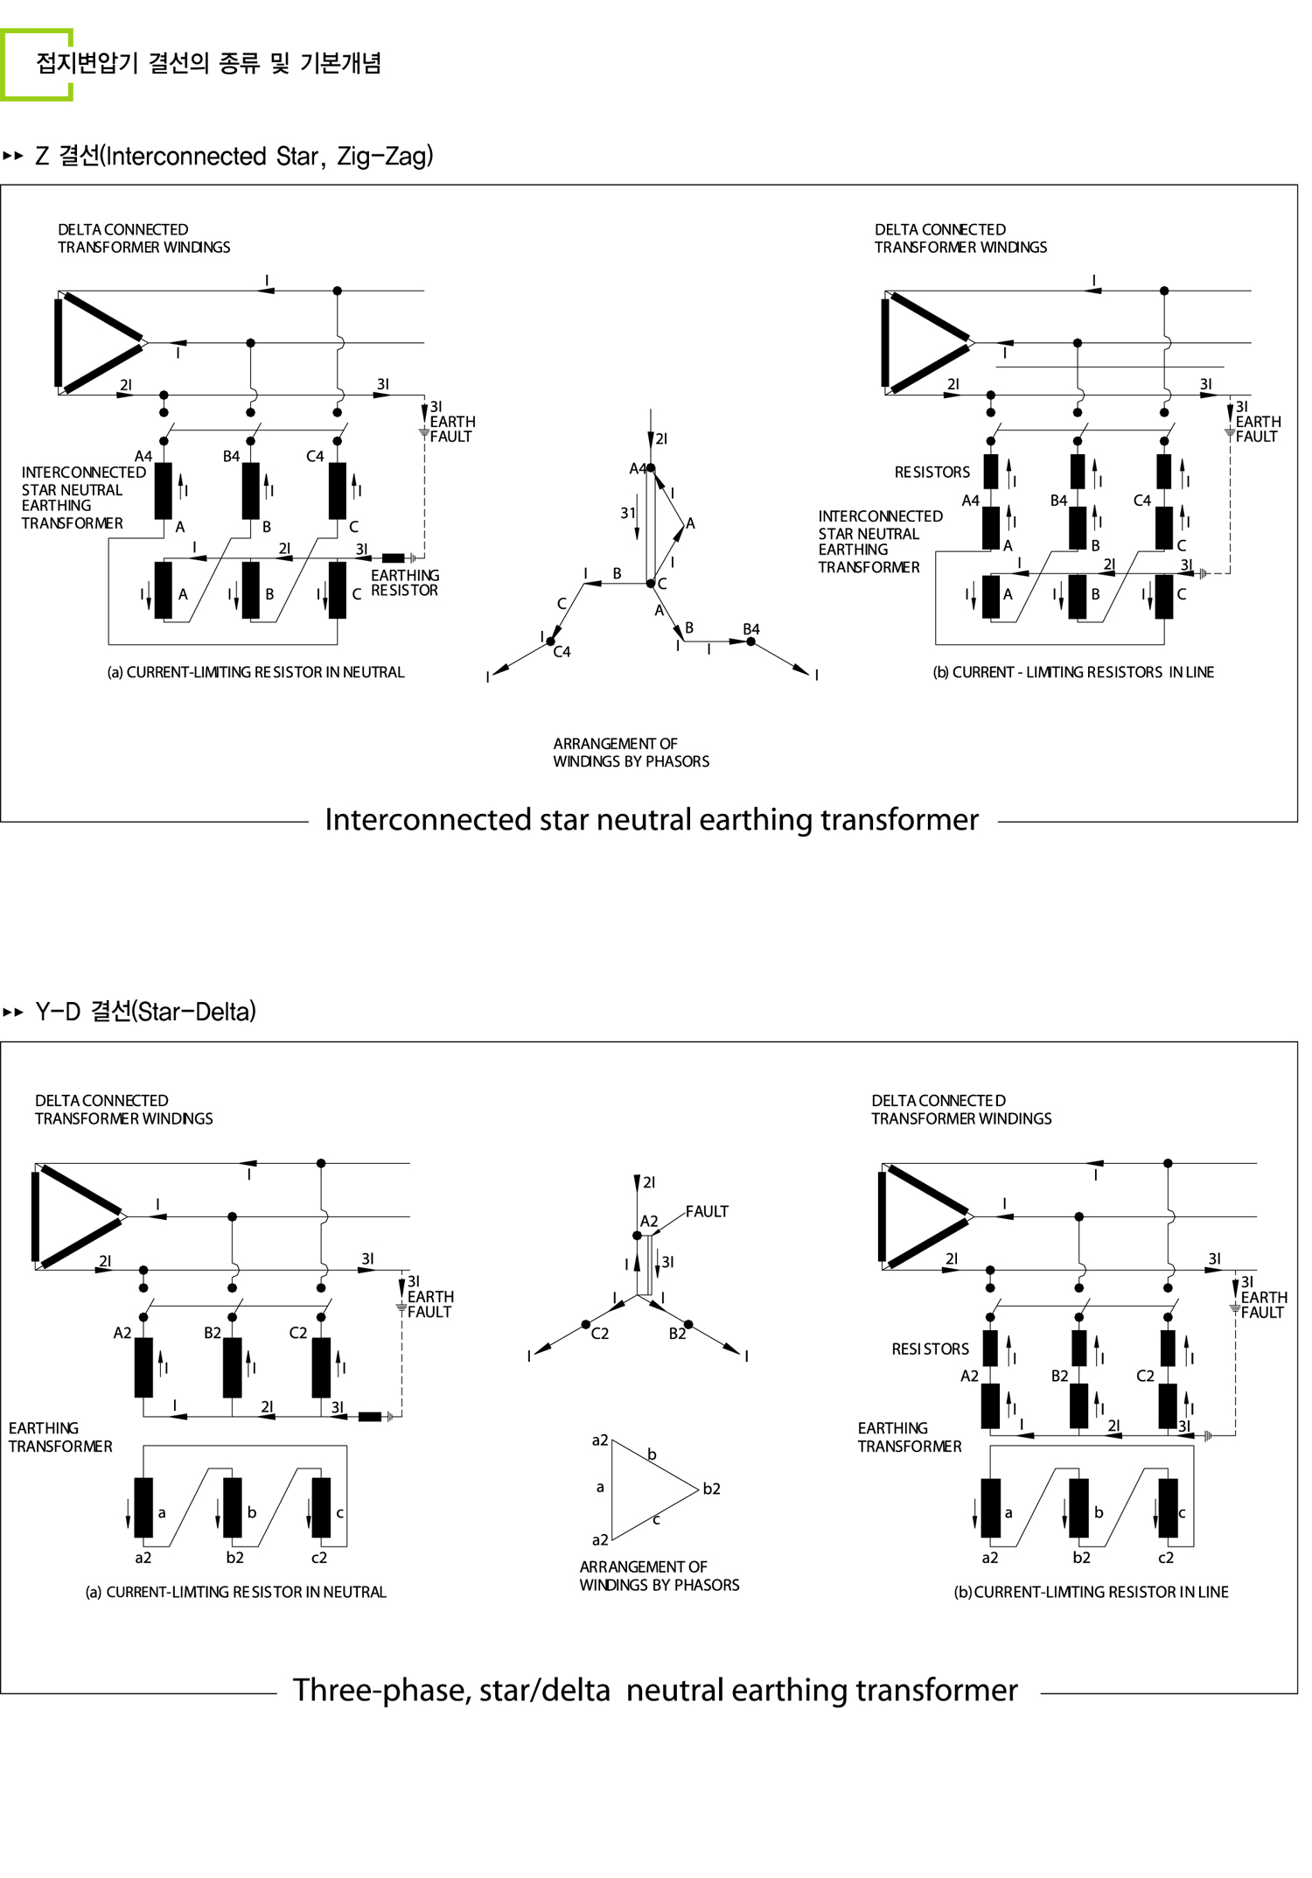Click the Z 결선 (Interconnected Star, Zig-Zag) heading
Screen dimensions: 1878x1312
click(x=234, y=157)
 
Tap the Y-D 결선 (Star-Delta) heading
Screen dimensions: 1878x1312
click(x=145, y=1012)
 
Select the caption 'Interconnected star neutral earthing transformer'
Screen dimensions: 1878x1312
click(x=652, y=820)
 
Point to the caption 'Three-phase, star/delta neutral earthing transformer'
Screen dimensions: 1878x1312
click(x=655, y=1690)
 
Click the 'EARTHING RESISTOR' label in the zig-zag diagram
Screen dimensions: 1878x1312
click(x=405, y=583)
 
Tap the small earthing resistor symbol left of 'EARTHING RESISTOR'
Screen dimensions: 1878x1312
click(x=394, y=557)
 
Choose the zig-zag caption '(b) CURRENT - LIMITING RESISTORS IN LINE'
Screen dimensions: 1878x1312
click(x=1073, y=672)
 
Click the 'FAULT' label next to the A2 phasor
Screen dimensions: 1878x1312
click(x=707, y=1212)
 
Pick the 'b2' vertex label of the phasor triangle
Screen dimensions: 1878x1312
click(x=711, y=1489)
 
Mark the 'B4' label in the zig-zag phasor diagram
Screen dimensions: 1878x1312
click(x=751, y=629)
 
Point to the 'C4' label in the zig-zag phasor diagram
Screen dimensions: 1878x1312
click(x=562, y=652)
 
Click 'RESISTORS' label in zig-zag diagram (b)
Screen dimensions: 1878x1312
click(x=932, y=473)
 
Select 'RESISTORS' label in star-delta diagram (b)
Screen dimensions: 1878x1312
click(x=930, y=1349)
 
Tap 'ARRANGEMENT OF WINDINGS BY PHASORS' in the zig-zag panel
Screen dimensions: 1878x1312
click(x=631, y=753)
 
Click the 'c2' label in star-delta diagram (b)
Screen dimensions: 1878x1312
click(x=1166, y=1558)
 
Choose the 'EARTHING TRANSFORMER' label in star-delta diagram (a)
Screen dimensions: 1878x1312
click(x=60, y=1437)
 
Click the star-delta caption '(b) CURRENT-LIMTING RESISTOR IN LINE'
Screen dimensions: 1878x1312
click(x=1091, y=1592)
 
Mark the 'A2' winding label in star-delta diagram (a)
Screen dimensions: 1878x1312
click(x=122, y=1333)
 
